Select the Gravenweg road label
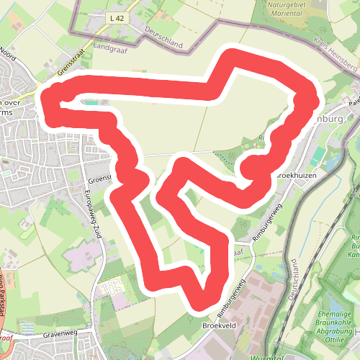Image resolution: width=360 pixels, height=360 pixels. tap(49, 334)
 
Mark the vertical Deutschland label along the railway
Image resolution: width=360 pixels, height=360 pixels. tap(293, 281)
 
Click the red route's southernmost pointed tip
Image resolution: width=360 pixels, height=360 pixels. tap(201, 304)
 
